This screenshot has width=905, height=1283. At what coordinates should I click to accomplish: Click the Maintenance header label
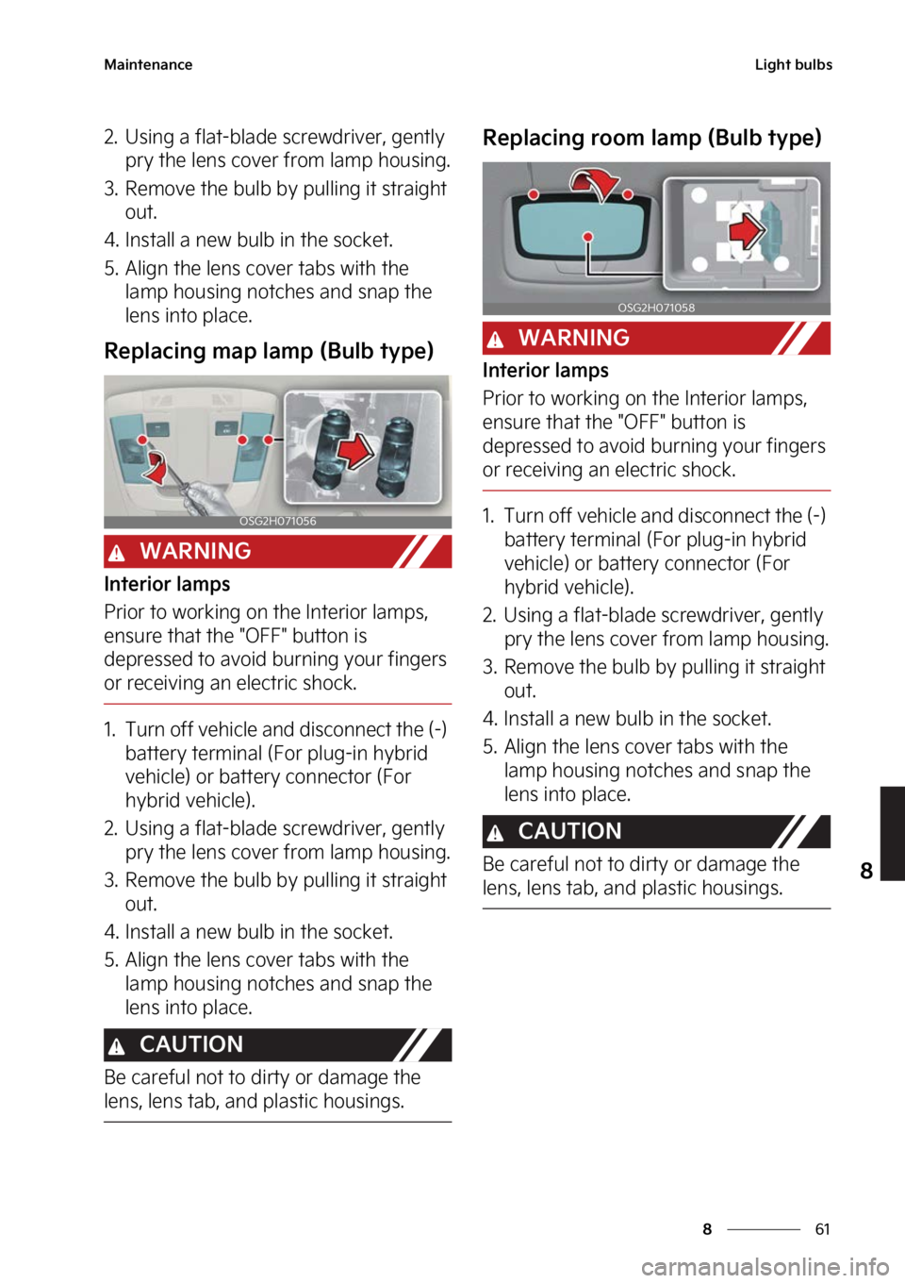coord(148,65)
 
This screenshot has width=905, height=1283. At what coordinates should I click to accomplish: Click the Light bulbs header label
coord(793,65)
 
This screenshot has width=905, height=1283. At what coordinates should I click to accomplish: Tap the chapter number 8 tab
coord(865,870)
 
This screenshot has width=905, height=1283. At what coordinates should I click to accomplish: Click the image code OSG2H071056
coord(277,521)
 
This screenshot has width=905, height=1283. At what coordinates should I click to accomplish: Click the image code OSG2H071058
coord(656,308)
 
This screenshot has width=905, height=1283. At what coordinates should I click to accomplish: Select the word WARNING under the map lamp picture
coord(195,551)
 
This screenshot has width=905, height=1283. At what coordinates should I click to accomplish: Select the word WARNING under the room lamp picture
coord(573,338)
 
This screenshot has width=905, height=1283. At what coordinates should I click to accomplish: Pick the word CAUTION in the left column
coord(191,1044)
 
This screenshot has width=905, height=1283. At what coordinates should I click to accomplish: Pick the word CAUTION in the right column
coord(569,831)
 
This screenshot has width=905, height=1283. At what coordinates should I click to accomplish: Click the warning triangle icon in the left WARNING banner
coord(117,554)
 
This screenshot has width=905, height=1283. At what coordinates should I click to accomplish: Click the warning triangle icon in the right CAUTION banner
coord(496,834)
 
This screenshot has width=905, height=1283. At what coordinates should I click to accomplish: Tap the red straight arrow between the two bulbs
coord(355,451)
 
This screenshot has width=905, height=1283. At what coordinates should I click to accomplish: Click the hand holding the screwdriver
coord(207,498)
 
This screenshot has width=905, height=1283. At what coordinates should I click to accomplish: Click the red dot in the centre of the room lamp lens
coord(587,236)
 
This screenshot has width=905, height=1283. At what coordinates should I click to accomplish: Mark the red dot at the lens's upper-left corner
coord(534,194)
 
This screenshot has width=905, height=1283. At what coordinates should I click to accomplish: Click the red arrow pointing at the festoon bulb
coord(747,229)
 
